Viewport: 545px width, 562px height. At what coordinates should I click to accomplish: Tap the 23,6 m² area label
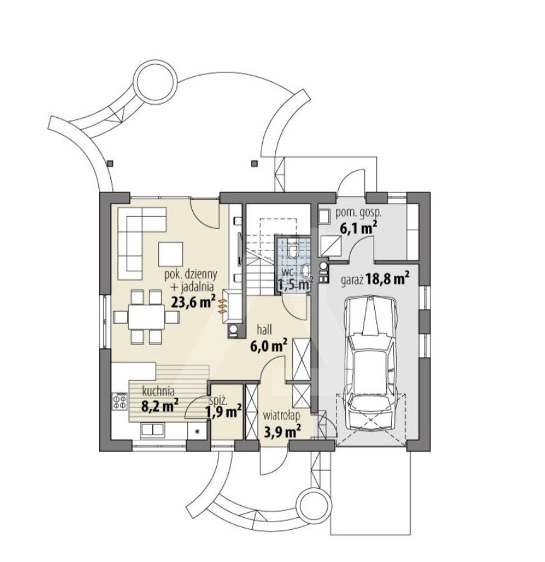coord(193,301)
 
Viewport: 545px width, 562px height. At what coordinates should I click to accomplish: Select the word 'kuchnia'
coord(158,390)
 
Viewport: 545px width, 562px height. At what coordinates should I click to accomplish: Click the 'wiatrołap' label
coord(282,416)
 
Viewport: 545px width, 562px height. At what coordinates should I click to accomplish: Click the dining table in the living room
coord(147,317)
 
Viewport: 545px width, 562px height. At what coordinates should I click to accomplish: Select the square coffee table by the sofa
coord(171,254)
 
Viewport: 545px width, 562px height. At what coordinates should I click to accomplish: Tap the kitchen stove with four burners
coord(120,401)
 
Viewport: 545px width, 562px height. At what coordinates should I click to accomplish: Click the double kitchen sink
coord(152,430)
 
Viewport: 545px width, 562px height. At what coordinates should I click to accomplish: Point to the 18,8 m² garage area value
coord(388,278)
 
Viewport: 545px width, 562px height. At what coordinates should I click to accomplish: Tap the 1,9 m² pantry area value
coord(223,412)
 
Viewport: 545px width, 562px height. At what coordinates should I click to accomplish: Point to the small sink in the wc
coord(306,271)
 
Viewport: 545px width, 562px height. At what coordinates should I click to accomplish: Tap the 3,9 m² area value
coord(282,431)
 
